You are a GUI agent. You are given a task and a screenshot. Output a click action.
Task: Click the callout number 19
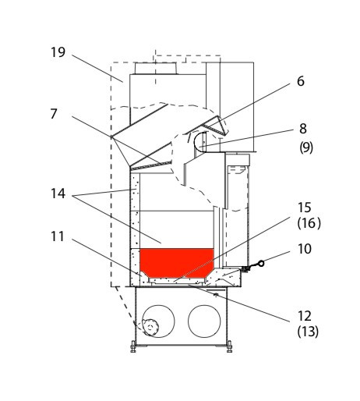tap(58, 52)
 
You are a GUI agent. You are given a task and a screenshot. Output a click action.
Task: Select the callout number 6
tap(301, 81)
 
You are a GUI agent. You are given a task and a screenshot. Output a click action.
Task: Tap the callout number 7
tap(54, 114)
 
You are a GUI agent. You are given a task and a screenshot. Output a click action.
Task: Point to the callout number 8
tap(303, 129)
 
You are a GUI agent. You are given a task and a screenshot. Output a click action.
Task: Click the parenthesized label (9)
tap(306, 147)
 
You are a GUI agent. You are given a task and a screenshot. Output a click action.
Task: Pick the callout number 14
tap(58, 193)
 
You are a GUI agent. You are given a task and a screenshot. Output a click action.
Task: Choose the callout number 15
tap(304, 208)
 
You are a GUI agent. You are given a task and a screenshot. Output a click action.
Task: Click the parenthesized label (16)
tap(309, 223)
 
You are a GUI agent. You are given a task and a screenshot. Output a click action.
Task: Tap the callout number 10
tap(304, 249)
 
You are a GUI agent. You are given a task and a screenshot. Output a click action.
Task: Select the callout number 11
tap(57, 236)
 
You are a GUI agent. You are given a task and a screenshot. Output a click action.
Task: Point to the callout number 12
tap(304, 316)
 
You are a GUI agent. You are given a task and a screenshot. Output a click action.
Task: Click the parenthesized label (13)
tap(308, 332)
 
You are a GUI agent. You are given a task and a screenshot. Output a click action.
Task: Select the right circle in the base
tap(204, 321)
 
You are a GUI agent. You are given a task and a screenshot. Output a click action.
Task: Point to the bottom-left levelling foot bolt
tap(133, 346)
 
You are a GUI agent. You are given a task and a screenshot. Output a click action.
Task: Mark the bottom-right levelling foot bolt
tap(229, 346)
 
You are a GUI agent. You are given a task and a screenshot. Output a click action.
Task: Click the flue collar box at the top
tap(156, 69)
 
